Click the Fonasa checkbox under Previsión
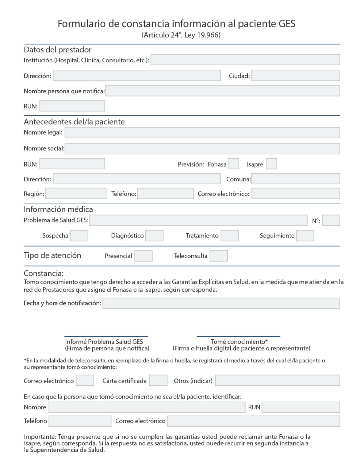[233, 164]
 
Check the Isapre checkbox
[271, 164]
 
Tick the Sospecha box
[79, 236]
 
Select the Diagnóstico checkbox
[154, 236]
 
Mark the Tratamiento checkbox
[230, 236]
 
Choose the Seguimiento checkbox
[305, 236]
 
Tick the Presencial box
[144, 256]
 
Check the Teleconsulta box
[219, 256]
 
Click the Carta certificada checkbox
[158, 380]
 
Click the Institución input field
[245, 60]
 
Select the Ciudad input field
[296, 76]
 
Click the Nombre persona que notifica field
[223, 91]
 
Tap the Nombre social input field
[202, 148]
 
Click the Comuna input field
[296, 179]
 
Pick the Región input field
[76, 194]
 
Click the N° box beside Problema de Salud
[331, 220]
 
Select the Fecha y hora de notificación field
[221, 303]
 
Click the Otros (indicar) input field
[278, 380]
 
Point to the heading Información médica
[58, 209]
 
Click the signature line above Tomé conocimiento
[238, 336]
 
